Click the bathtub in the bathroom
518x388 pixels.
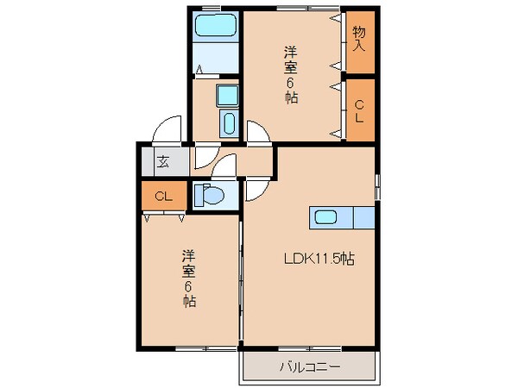(214, 26)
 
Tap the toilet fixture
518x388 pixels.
(209, 196)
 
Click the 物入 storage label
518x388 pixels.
(359, 39)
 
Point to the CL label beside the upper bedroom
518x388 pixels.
(359, 110)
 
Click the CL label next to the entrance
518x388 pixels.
(164, 196)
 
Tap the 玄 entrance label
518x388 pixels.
(163, 160)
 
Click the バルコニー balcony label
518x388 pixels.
(308, 366)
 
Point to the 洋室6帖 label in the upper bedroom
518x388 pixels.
(291, 75)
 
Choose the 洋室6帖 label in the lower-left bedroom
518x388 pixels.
(187, 278)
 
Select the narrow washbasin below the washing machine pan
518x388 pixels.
(229, 123)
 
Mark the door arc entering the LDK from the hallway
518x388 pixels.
(257, 189)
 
